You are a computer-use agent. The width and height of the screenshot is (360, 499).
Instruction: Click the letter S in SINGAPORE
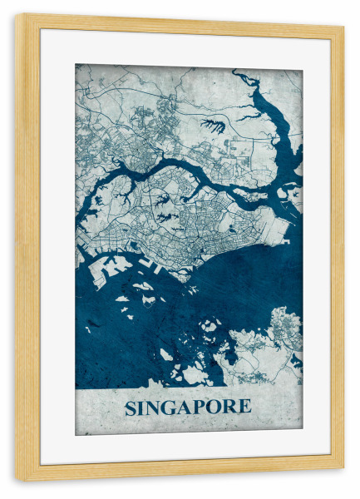coord(131,408)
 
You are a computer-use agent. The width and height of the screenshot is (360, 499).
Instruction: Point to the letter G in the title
coord(170,408)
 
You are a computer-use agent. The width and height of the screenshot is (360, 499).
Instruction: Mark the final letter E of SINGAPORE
coord(244,408)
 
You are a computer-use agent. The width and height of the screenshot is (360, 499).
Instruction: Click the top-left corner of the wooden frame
coord(17,16)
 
